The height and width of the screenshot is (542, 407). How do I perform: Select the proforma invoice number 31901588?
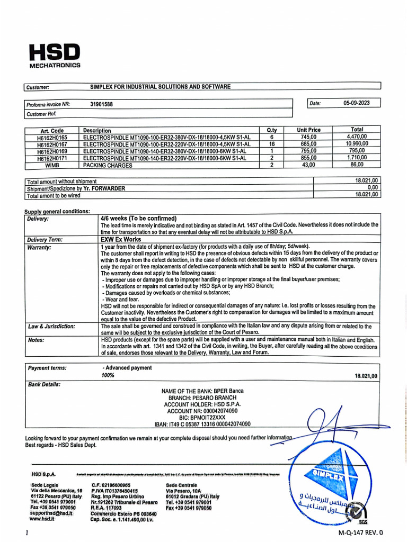click(x=101, y=104)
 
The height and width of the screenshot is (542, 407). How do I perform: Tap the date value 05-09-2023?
click(x=356, y=103)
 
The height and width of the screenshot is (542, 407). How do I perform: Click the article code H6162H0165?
click(x=52, y=137)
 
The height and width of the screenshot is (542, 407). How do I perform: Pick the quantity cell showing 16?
click(x=271, y=144)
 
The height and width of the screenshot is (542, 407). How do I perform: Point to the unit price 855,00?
click(x=308, y=158)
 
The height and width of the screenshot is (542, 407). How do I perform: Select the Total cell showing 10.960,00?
click(x=357, y=144)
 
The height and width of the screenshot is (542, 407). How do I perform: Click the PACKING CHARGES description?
click(x=107, y=165)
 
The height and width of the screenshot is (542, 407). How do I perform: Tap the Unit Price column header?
click(x=308, y=130)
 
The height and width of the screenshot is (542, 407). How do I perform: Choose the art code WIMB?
click(x=52, y=165)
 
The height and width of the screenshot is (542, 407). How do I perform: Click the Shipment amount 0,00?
click(x=373, y=188)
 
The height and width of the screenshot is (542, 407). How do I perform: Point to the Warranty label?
click(x=39, y=247)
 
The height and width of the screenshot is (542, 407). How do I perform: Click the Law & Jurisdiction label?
click(x=51, y=327)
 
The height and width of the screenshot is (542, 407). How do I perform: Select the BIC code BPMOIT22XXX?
click(x=202, y=417)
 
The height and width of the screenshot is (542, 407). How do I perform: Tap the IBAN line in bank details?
click(x=202, y=424)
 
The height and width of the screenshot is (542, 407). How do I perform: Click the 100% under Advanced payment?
click(x=108, y=375)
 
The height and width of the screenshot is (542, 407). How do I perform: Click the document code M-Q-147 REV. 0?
click(x=360, y=532)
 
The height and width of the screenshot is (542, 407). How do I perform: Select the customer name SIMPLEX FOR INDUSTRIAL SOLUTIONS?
click(x=160, y=86)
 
